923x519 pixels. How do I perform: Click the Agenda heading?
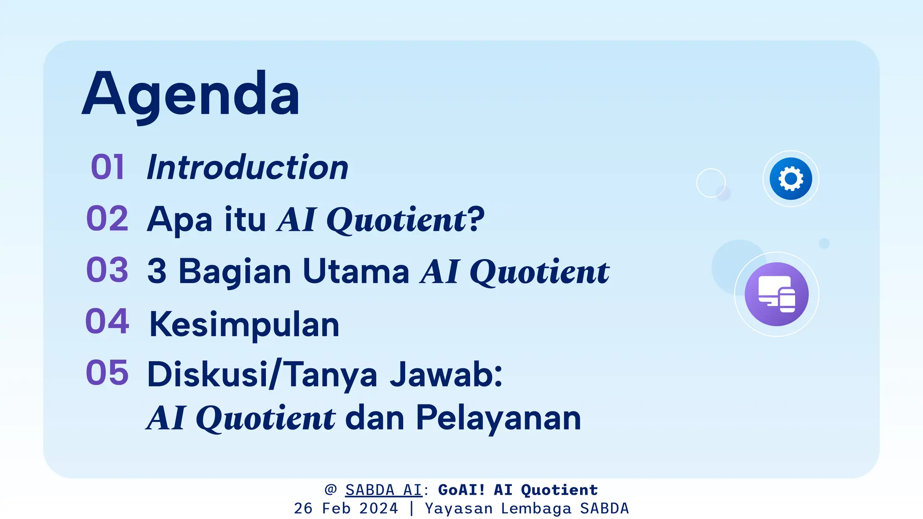click(x=191, y=95)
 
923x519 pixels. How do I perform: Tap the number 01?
click(x=107, y=167)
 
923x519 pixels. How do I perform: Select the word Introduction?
click(x=247, y=167)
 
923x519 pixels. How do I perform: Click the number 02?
click(x=107, y=219)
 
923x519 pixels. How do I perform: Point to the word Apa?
click(x=179, y=220)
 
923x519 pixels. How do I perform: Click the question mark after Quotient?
click(x=476, y=219)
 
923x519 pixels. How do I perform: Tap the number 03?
click(x=107, y=270)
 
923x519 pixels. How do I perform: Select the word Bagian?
click(x=235, y=272)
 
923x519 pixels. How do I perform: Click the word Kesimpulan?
click(x=244, y=324)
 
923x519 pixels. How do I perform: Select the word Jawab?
click(x=446, y=374)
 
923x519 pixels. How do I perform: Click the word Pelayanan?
click(x=498, y=419)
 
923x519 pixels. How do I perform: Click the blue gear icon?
click(x=790, y=179)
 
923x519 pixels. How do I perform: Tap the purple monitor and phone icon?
click(x=777, y=294)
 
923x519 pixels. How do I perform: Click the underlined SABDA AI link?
click(x=384, y=490)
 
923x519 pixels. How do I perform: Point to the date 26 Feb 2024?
click(x=346, y=509)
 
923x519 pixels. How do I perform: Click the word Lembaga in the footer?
click(x=536, y=509)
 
